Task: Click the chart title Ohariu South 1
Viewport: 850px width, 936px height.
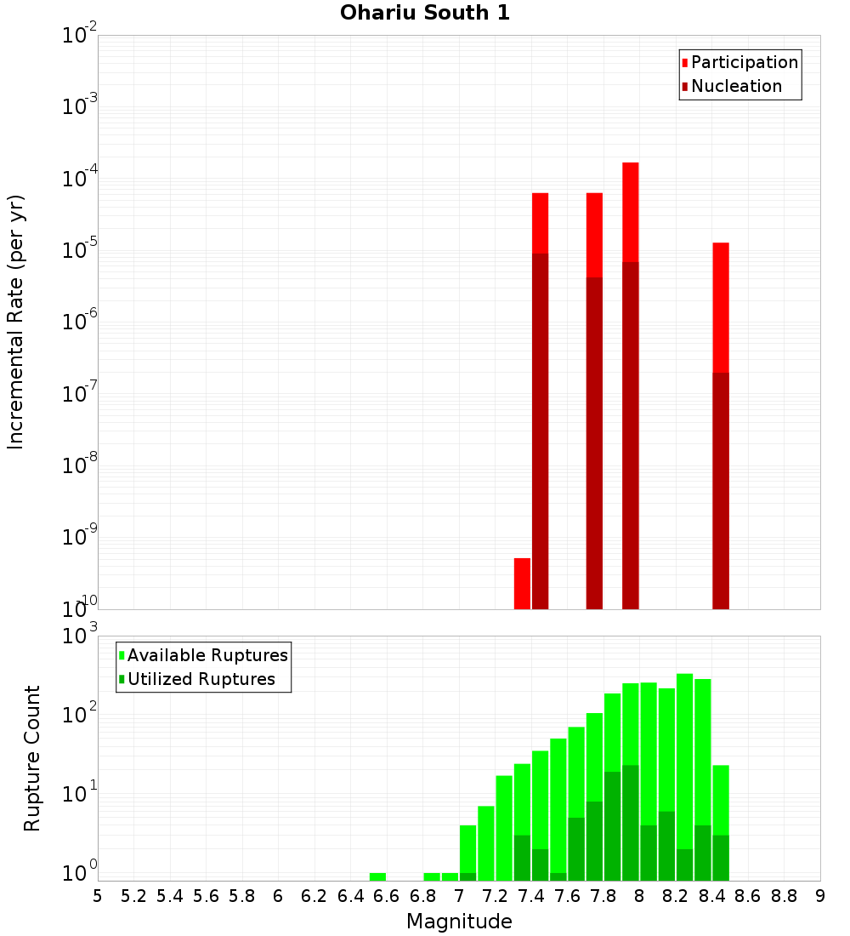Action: coord(425,14)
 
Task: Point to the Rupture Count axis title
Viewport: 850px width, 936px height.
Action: coord(32,758)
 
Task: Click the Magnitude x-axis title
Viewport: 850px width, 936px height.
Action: coord(459,922)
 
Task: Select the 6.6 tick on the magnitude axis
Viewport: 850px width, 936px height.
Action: coord(387,896)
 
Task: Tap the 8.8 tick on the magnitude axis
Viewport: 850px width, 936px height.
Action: coord(784,896)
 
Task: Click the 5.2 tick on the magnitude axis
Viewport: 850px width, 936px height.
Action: coord(133,896)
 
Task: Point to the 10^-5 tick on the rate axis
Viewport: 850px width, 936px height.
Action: coord(80,249)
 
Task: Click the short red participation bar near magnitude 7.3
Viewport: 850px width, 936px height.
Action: coord(522,584)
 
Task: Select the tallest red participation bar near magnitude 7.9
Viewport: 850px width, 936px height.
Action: coord(630,213)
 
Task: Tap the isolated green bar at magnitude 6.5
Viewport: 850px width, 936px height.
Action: coord(377,876)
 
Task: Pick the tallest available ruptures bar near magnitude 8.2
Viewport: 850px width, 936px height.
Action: coord(684,766)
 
